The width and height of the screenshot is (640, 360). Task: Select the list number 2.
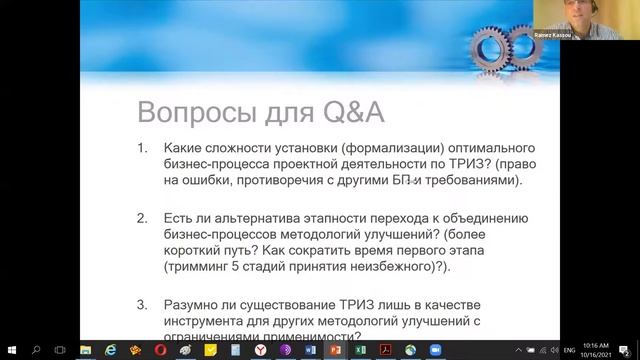coord(143,218)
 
